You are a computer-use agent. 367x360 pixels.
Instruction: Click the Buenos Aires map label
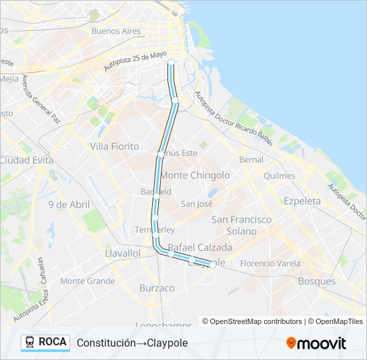tap(116, 31)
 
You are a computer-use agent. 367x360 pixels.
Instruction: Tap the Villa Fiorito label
tap(114, 146)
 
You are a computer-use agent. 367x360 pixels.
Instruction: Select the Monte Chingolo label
tap(196, 175)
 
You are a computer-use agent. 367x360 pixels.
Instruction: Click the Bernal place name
tap(252, 160)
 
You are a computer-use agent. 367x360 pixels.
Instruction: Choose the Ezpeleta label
tap(302, 201)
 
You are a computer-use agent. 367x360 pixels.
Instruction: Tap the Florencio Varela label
tap(270, 263)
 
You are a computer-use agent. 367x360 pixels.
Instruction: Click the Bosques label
tap(317, 281)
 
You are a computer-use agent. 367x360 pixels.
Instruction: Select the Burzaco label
tap(157, 288)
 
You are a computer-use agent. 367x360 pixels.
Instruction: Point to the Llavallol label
tap(122, 253)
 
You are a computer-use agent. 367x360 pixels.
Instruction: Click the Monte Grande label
tap(87, 281)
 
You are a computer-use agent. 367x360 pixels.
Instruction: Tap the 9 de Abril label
tap(69, 205)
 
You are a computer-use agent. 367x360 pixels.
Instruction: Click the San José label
tap(197, 204)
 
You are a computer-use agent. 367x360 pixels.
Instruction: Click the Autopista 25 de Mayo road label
tap(135, 62)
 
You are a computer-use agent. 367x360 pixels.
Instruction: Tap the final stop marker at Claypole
tap(212, 265)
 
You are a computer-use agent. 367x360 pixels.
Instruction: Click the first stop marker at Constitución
tap(171, 62)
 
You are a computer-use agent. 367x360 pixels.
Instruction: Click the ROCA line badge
tap(45, 342)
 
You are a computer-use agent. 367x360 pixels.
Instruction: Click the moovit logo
tap(316, 343)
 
